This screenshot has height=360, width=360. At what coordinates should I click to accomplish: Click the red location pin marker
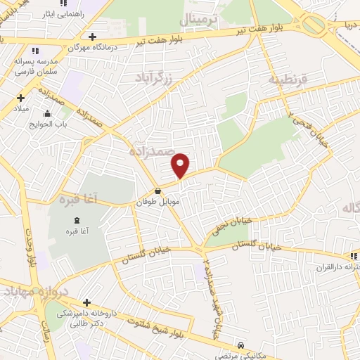tap(181, 165)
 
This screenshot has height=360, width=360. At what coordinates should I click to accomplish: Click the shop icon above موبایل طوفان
tap(157, 191)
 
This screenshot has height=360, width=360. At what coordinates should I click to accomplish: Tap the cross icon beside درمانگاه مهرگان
tap(91, 36)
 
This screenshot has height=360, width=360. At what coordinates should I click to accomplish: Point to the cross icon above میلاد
tap(21, 98)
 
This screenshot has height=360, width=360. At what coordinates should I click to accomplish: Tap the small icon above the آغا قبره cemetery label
tap(69, 219)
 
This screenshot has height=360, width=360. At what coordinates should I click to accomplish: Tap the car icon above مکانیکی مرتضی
tap(240, 345)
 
